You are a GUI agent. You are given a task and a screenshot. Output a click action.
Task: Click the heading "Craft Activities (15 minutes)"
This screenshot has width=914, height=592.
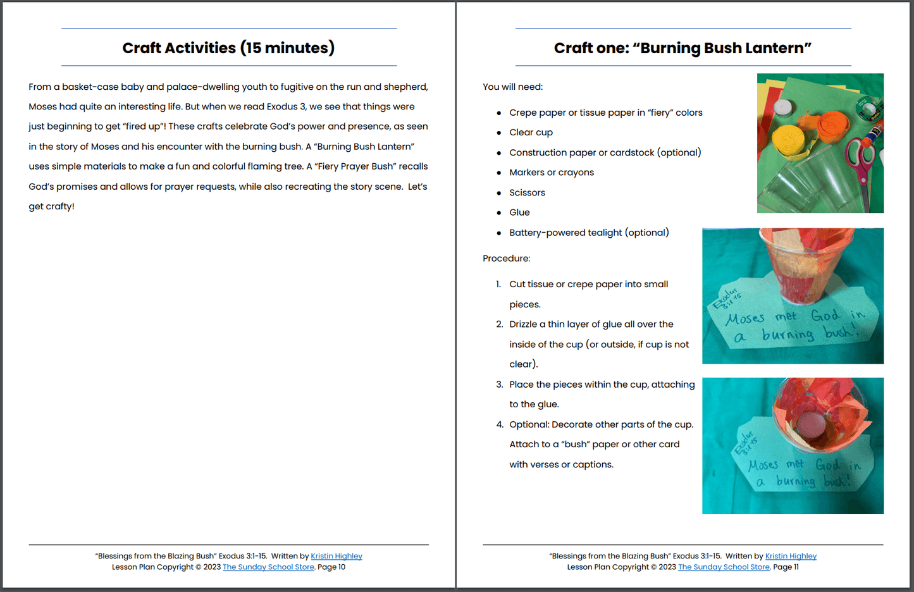(x=228, y=48)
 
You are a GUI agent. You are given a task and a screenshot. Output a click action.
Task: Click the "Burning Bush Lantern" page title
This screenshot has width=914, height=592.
(x=682, y=48)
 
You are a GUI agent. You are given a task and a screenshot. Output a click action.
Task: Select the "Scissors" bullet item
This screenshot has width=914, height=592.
(x=527, y=193)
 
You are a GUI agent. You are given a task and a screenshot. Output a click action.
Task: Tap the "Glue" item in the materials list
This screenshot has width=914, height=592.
(x=519, y=213)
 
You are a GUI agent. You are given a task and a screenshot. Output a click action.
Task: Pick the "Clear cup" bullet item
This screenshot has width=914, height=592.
(x=531, y=132)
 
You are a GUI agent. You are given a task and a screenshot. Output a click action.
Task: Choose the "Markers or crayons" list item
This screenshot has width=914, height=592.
(x=551, y=173)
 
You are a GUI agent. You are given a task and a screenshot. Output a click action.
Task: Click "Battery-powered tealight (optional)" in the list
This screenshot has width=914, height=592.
(x=589, y=233)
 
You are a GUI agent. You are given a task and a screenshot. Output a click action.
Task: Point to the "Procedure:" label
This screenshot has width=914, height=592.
(x=506, y=259)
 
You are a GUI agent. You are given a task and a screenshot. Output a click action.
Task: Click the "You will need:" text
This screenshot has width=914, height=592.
(x=512, y=87)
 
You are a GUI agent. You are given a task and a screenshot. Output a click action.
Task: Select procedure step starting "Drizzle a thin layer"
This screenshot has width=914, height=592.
(x=591, y=324)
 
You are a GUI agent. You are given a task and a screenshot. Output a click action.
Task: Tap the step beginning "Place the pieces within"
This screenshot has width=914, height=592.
(x=602, y=385)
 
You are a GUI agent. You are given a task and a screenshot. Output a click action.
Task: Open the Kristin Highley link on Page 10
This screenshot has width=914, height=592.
(x=337, y=556)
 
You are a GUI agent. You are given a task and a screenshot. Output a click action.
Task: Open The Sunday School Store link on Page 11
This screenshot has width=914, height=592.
(x=724, y=567)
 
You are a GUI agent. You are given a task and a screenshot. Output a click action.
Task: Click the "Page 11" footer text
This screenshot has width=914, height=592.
(x=786, y=567)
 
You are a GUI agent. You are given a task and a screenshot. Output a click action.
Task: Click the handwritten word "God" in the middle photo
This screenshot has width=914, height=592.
(x=825, y=315)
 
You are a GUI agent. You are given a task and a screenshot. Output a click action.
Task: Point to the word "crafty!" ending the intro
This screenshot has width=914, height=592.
(x=60, y=207)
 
